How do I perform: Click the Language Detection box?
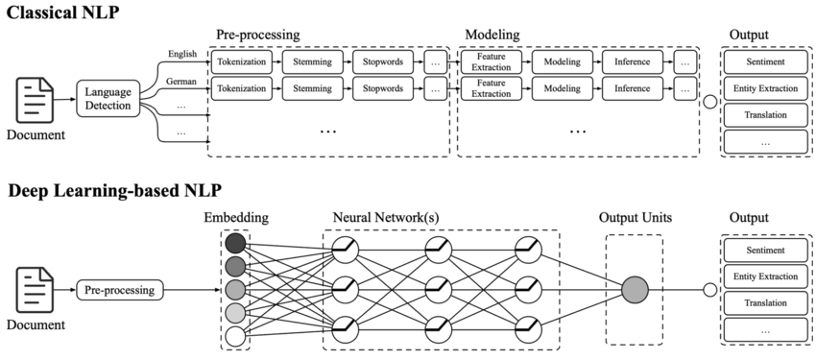click(x=108, y=98)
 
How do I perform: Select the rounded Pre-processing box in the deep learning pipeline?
click(x=120, y=288)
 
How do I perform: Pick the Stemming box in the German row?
click(x=313, y=89)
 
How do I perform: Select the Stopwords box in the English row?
click(x=384, y=62)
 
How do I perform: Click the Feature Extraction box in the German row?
click(x=491, y=89)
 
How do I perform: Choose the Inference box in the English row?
click(x=633, y=62)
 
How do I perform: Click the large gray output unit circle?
click(x=634, y=289)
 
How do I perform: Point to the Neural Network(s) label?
click(x=386, y=218)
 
